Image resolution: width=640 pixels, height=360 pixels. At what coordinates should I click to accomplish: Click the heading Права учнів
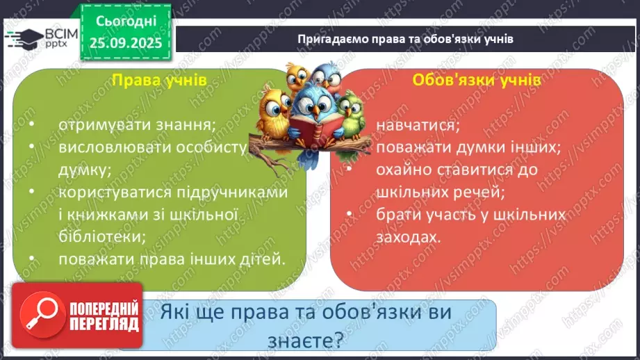(159, 81)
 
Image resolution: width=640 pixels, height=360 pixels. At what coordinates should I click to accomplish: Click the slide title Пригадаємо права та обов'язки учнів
(405, 39)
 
